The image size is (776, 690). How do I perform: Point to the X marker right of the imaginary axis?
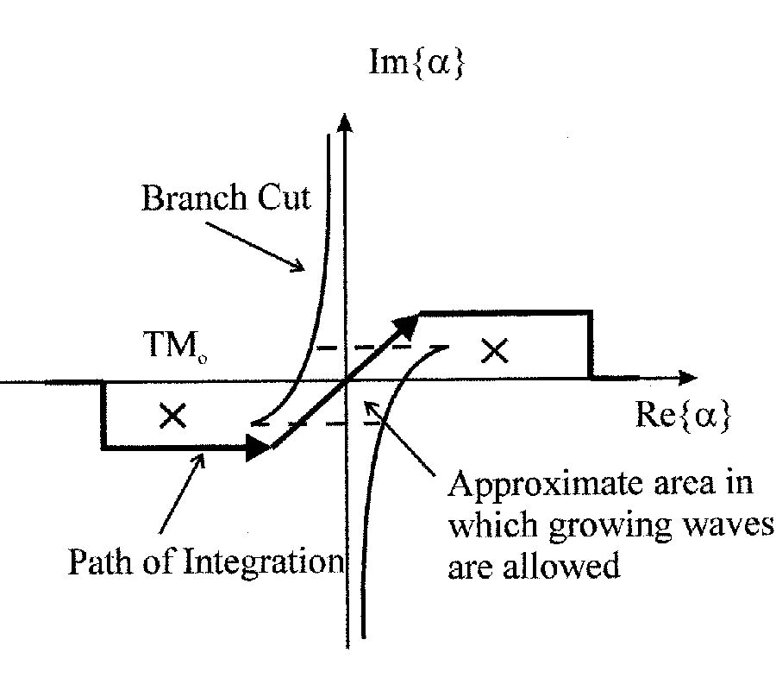point(493,350)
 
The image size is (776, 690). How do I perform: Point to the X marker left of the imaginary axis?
point(173,416)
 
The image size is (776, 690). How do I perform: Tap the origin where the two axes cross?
point(346,379)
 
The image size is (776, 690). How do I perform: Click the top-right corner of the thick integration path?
point(591,311)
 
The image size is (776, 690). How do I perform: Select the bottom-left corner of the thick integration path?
point(103,447)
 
